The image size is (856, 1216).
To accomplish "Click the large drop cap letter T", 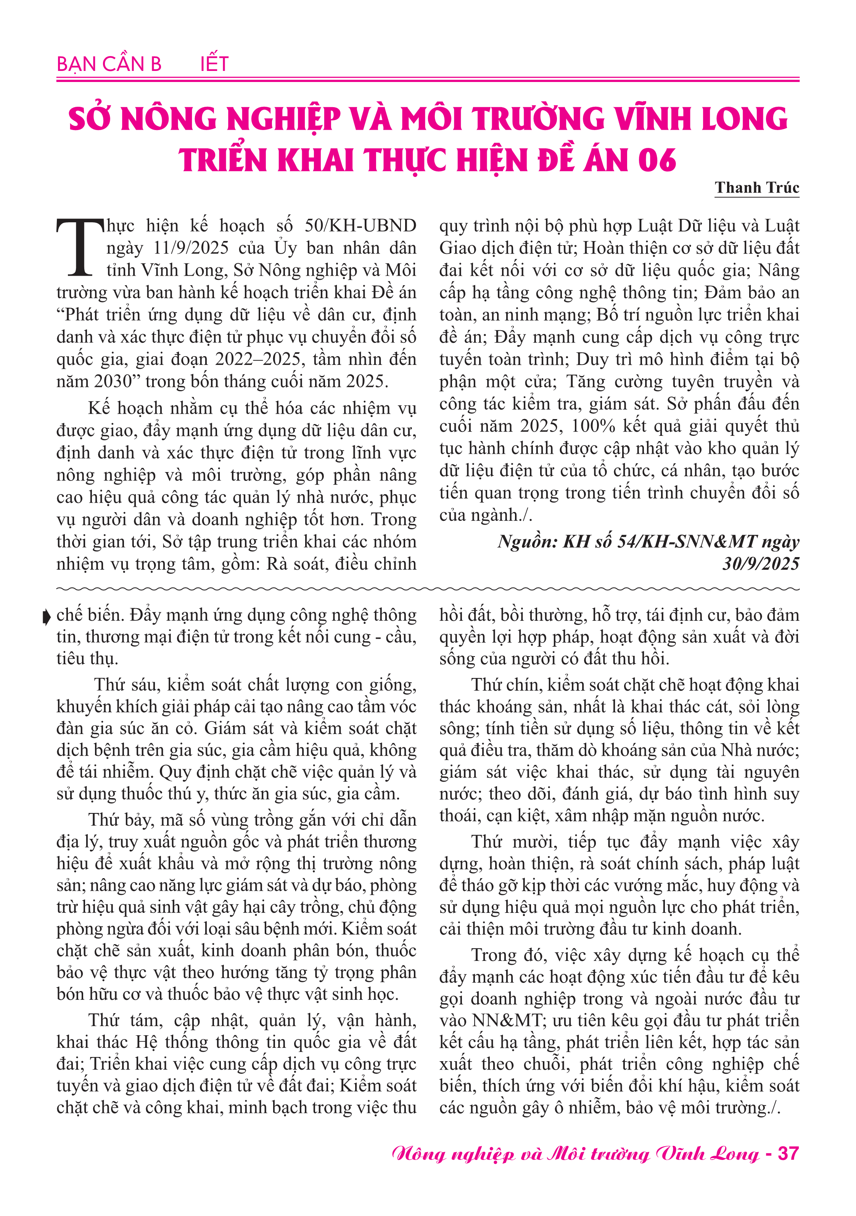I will click(80, 247).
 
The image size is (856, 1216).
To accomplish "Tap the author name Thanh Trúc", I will click(756, 188).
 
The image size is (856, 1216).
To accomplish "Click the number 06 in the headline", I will click(657, 160).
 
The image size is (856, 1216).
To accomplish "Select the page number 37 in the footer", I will click(788, 1153).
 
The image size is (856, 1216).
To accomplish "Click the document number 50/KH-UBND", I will click(360, 226).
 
